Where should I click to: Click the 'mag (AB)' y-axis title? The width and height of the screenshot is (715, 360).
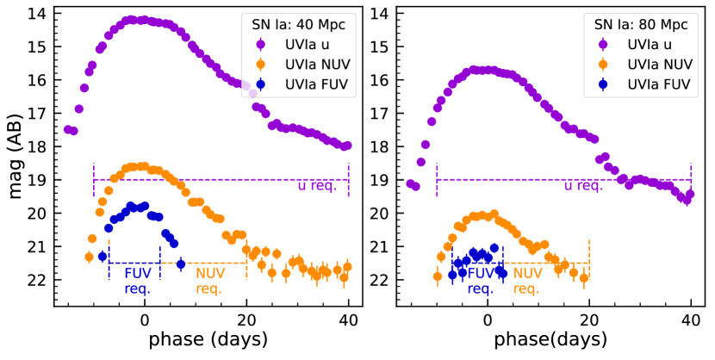pyautogui.click(x=15, y=158)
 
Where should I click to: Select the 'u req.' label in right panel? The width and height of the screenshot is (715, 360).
pyautogui.click(x=583, y=185)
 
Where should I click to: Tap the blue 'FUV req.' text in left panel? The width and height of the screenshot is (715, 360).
pyautogui.click(x=138, y=281)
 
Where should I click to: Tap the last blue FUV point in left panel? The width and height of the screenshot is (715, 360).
pyautogui.click(x=181, y=264)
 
